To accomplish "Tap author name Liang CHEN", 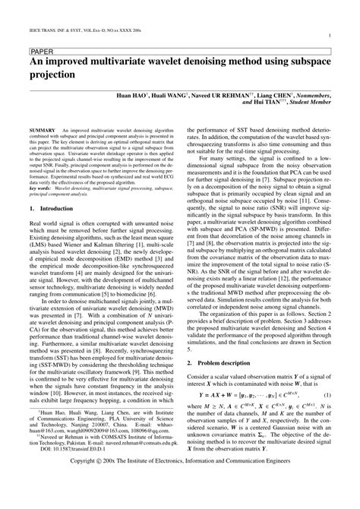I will click(279, 98).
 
